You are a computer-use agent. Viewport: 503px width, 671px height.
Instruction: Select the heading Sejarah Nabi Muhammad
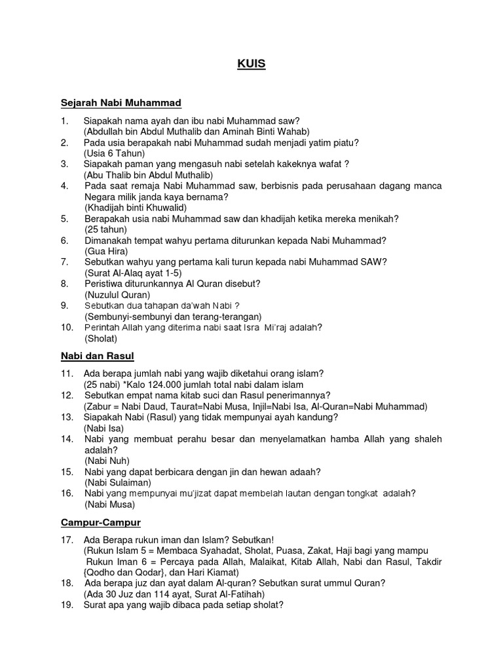[121, 104]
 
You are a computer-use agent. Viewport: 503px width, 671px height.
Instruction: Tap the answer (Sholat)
[100, 338]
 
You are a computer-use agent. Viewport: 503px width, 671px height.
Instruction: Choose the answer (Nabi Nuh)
[107, 461]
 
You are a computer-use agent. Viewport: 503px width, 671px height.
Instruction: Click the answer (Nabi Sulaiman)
[115, 482]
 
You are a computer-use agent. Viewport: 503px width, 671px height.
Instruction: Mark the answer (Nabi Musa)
[109, 505]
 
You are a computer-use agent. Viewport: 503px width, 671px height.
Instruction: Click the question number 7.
[64, 261]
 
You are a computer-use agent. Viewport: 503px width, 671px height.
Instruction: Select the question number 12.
[66, 395]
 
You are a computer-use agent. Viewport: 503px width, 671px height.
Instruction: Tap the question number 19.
[66, 606]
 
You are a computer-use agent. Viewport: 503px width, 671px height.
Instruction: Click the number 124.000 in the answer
[168, 385]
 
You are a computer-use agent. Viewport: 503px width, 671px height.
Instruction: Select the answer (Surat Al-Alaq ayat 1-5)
[133, 273]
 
